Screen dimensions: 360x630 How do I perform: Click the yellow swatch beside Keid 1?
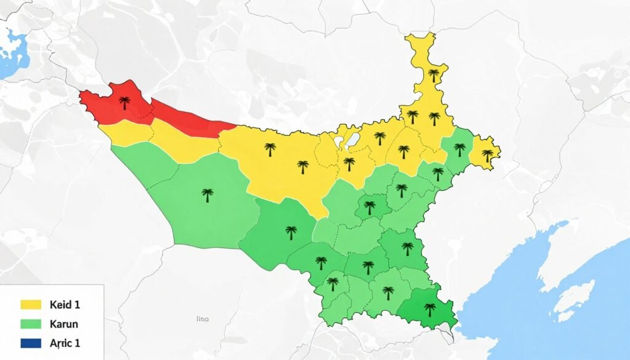(x=31, y=304)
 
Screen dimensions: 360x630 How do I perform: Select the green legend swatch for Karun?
(x=31, y=323)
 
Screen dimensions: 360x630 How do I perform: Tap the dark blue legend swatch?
(x=31, y=343)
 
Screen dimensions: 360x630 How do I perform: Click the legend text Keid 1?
(x=66, y=304)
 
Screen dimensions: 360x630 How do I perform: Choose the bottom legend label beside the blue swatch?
(x=65, y=343)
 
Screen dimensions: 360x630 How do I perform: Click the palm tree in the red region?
(x=124, y=103)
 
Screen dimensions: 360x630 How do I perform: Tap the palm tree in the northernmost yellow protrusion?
(x=434, y=75)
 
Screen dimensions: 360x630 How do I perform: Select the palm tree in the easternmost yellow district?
(x=488, y=155)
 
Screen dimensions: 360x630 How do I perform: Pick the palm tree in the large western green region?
(x=207, y=195)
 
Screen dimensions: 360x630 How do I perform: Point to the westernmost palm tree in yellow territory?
(x=269, y=149)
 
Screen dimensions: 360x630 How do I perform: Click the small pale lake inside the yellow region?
(x=352, y=140)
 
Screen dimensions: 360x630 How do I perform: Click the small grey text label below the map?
(x=202, y=320)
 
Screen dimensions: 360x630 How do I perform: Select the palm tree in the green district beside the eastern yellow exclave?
(x=460, y=149)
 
